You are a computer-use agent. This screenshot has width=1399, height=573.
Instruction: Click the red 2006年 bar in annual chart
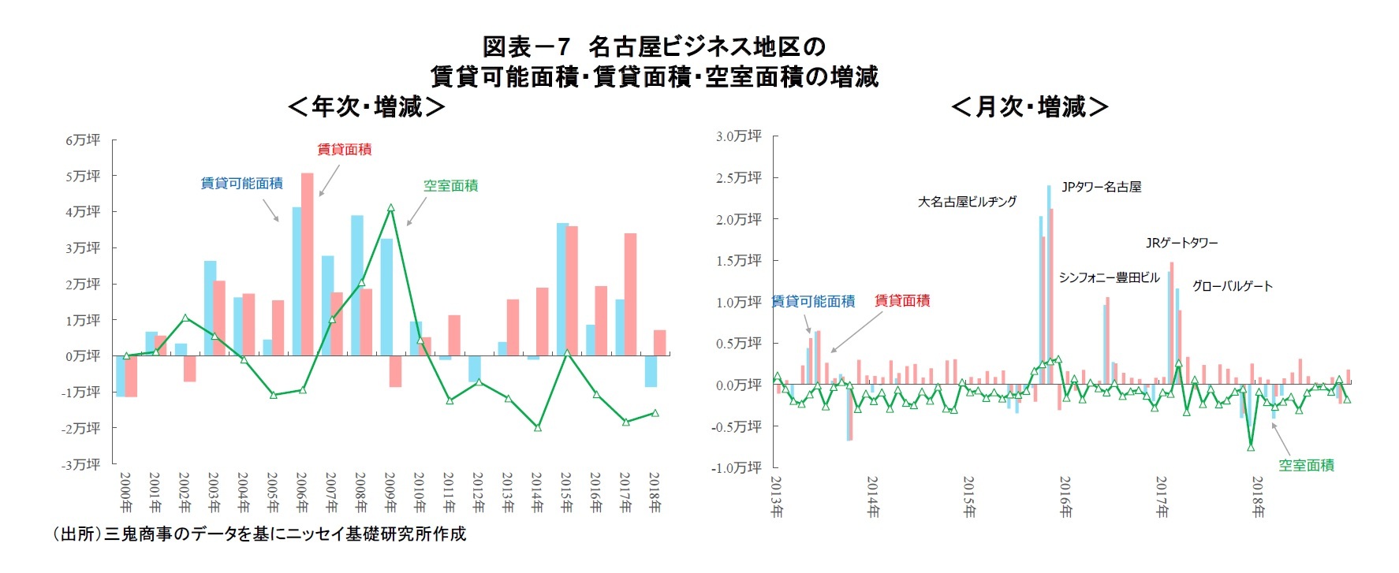pyautogui.click(x=307, y=264)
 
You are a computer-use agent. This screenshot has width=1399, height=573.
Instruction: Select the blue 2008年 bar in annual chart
pyautogui.click(x=357, y=285)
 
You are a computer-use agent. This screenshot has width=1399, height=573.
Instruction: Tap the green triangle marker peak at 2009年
pyautogui.click(x=390, y=208)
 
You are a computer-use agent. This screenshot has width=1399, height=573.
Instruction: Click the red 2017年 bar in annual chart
pyautogui.click(x=630, y=294)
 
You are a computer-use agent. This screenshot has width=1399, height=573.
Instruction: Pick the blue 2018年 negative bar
pyautogui.click(x=651, y=370)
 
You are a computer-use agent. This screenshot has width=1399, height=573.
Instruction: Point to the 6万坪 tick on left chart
pyautogui.click(x=83, y=140)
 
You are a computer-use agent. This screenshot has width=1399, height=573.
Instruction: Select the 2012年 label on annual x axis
pyautogui.click(x=478, y=493)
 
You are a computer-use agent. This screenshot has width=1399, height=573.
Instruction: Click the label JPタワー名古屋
pyautogui.click(x=1101, y=187)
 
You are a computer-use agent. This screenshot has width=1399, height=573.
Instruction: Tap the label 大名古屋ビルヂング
pyautogui.click(x=967, y=202)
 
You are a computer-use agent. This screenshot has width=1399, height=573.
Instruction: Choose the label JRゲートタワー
pyautogui.click(x=1181, y=243)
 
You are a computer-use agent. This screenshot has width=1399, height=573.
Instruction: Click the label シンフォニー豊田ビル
pyautogui.click(x=1109, y=277)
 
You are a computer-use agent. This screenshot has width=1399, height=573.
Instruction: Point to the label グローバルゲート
pyautogui.click(x=1232, y=286)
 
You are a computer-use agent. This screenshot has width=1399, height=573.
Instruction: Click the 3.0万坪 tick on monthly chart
pyautogui.click(x=738, y=136)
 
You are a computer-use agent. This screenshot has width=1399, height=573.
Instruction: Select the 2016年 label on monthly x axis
pyautogui.click(x=1065, y=497)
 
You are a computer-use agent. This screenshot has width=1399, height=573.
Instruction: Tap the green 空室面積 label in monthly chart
pyautogui.click(x=1306, y=465)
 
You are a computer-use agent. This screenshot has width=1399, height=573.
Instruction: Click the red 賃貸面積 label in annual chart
pyautogui.click(x=344, y=150)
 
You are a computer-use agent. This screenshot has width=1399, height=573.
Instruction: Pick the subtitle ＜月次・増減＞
pyautogui.click(x=1030, y=106)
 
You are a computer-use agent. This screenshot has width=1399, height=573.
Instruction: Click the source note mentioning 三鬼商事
pyautogui.click(x=259, y=534)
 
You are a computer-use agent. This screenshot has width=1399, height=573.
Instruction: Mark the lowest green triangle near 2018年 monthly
pyautogui.click(x=1251, y=447)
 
